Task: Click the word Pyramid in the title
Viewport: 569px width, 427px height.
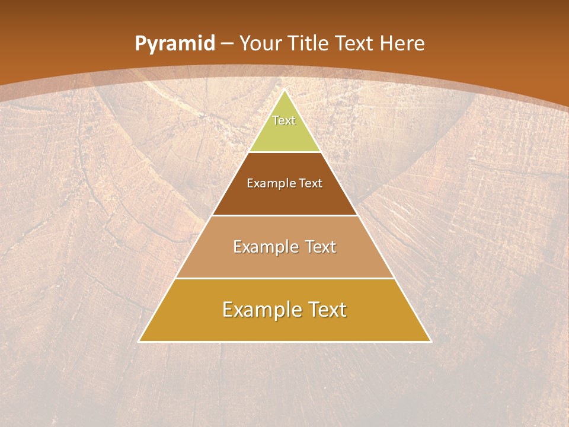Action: coord(175,44)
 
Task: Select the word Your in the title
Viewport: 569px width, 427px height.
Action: coord(261,43)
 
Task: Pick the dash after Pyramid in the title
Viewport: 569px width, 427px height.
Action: coord(227,44)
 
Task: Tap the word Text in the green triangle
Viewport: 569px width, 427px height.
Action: coord(284,120)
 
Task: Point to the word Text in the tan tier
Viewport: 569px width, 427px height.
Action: coord(321,247)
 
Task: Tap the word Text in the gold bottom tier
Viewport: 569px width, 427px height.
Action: coord(325,310)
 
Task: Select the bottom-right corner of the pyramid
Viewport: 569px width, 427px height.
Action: coord(431,342)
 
